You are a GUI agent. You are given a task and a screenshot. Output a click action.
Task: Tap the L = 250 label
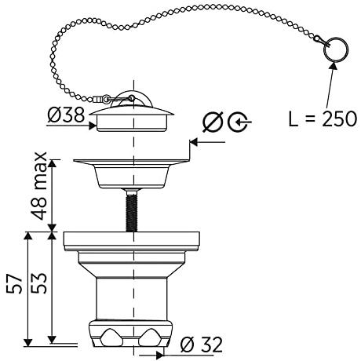[323, 119]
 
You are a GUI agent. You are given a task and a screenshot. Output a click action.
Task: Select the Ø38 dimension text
[67, 115]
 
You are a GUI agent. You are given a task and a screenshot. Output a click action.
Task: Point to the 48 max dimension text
[40, 185]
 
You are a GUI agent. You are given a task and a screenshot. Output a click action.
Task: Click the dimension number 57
[14, 284]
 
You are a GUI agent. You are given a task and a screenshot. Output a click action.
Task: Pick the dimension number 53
[40, 283]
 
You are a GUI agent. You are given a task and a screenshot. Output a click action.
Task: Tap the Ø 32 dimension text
[202, 345]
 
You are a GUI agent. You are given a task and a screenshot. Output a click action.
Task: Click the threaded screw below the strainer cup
[131, 210]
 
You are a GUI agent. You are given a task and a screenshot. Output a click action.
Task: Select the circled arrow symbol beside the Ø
[239, 122]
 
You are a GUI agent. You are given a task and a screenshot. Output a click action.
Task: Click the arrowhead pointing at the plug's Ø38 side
[93, 126]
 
